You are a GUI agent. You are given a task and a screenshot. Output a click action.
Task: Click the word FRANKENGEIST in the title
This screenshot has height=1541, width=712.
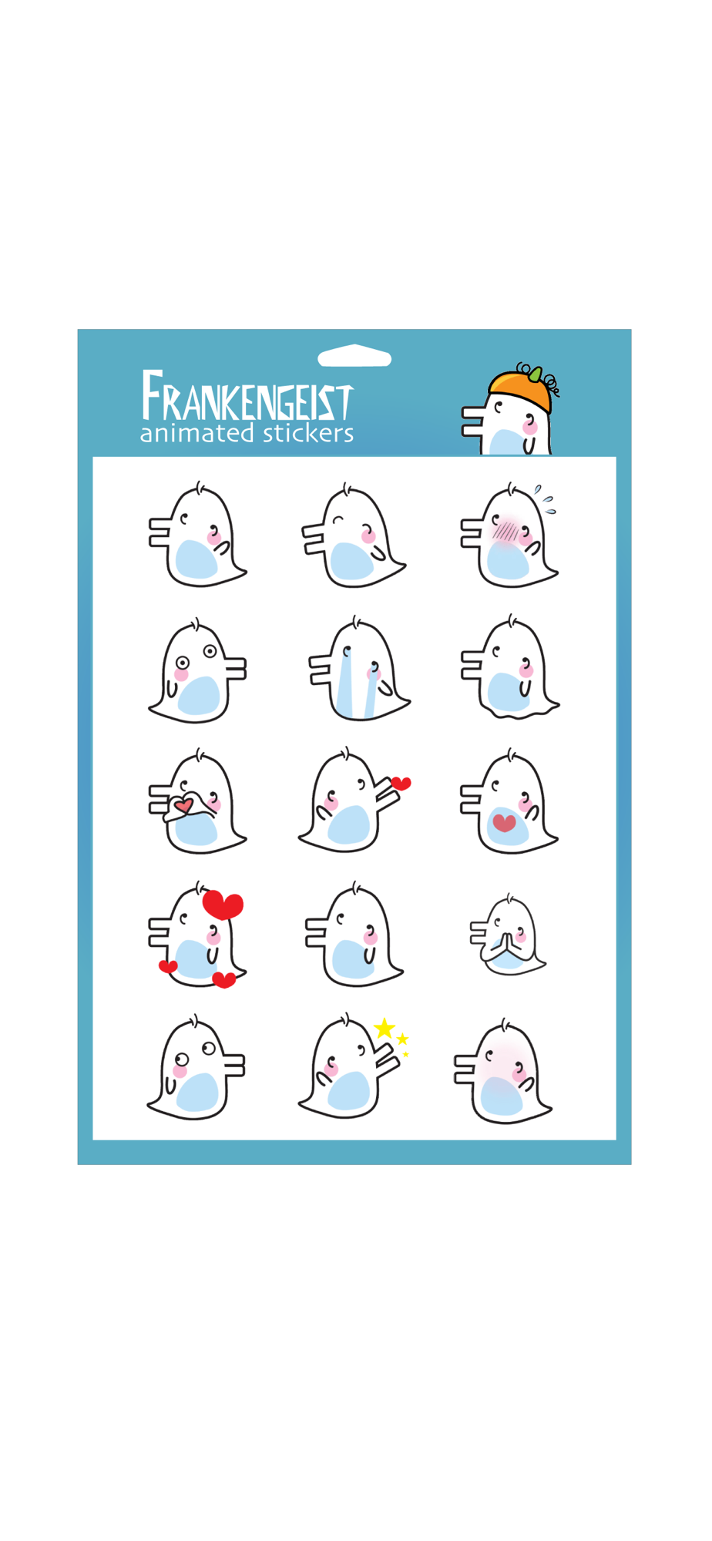click(x=247, y=396)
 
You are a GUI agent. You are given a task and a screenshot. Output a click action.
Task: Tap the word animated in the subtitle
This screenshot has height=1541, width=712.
click(x=196, y=433)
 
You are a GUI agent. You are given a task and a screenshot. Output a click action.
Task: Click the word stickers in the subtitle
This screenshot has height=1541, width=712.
click(x=308, y=433)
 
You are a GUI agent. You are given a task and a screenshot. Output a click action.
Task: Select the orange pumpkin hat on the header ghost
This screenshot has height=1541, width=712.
click(x=520, y=389)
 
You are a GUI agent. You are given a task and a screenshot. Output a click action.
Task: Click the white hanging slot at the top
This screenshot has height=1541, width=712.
click(x=354, y=356)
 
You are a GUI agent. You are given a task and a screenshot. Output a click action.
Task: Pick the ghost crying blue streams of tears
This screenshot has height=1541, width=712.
click(x=359, y=668)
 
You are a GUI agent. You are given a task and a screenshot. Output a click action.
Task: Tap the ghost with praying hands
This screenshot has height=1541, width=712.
click(x=508, y=935)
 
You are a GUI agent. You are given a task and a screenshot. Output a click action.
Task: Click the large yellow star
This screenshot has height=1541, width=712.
click(x=385, y=1029)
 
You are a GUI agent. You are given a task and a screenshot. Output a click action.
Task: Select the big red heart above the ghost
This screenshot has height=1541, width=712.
click(x=223, y=905)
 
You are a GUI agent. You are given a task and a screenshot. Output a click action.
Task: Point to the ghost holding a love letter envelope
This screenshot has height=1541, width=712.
click(x=197, y=801)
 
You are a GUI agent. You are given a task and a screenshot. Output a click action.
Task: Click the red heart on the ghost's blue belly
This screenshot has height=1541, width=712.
click(x=504, y=823)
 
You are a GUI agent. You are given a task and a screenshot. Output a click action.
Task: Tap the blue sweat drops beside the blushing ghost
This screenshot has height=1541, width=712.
click(x=546, y=499)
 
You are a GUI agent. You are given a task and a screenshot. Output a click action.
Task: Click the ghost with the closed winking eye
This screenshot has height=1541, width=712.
click(x=354, y=535)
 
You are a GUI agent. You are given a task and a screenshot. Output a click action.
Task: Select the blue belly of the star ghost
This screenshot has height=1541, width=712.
click(x=348, y=1091)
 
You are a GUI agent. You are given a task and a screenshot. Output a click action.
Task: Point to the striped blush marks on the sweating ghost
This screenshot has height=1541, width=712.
click(x=505, y=531)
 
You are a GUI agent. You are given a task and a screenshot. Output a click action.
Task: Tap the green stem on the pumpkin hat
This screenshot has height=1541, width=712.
click(x=534, y=374)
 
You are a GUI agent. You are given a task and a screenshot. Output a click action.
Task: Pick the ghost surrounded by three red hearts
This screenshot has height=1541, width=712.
click(x=197, y=935)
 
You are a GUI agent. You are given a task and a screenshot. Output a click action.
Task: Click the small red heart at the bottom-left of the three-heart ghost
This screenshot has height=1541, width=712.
click(x=168, y=966)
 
